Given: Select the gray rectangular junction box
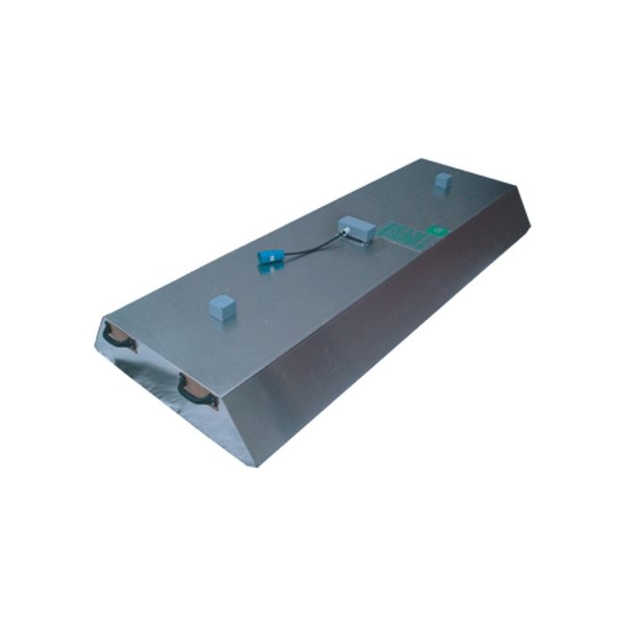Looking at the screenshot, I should tap(357, 229).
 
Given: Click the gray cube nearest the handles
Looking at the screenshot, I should tap(222, 307).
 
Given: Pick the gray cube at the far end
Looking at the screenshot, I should tap(442, 181).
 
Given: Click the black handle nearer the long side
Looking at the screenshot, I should tap(196, 393).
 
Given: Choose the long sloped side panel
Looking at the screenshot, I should tap(393, 321).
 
